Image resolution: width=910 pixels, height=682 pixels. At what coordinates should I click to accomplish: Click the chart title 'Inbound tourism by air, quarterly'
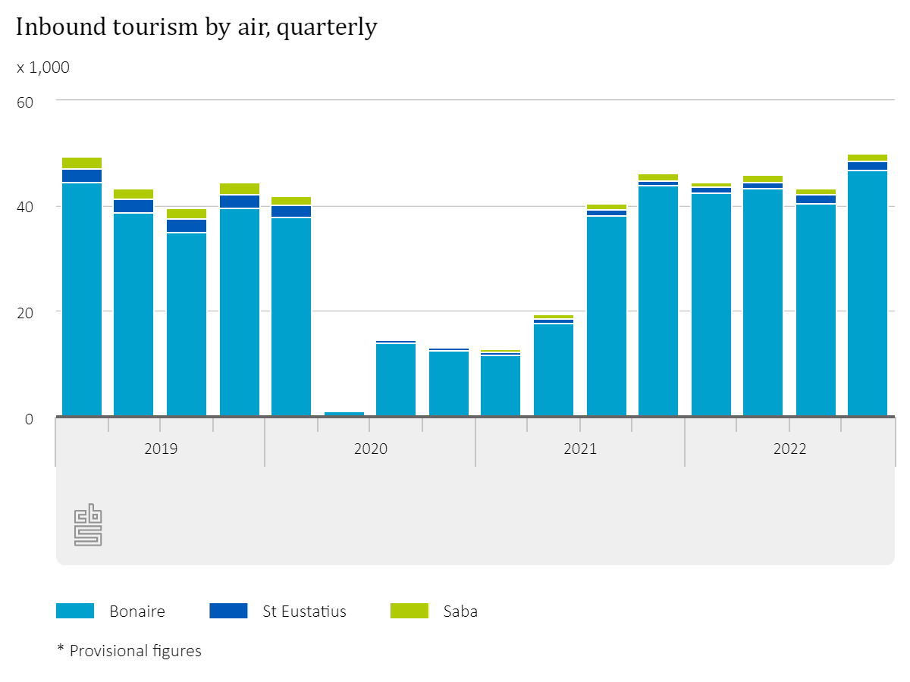[196, 27]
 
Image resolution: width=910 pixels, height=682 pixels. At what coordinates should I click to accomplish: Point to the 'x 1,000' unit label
[43, 67]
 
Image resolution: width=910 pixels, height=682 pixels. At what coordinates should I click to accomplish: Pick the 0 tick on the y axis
[29, 418]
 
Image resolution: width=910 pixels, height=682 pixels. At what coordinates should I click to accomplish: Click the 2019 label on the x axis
[161, 449]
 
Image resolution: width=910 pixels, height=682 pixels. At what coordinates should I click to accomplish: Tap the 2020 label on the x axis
[370, 449]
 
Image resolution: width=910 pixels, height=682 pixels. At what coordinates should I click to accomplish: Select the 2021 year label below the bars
[580, 449]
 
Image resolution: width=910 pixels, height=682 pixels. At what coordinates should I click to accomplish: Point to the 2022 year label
[789, 449]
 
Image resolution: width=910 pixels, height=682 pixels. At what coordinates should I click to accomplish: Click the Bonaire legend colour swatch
[75, 611]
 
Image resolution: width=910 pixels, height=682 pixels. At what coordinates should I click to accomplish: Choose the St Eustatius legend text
[304, 612]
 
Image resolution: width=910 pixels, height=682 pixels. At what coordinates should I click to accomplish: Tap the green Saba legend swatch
[409, 611]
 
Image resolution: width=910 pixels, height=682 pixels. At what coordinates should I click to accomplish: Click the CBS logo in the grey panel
[88, 524]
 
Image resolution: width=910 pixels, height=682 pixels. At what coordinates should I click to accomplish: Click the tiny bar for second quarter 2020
[344, 414]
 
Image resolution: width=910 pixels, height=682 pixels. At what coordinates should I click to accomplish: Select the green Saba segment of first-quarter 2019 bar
[82, 163]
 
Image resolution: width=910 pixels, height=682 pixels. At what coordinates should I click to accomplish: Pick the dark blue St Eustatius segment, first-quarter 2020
[291, 211]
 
